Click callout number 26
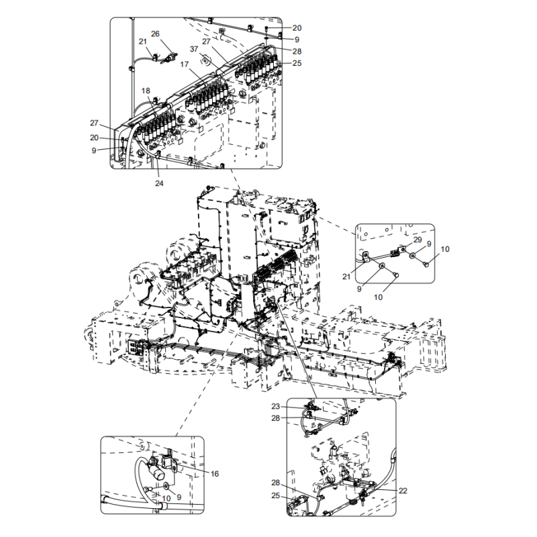click(x=155, y=34)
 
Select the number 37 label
click(x=193, y=49)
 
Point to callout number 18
click(x=146, y=91)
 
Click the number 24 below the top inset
click(x=159, y=183)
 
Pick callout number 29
click(x=417, y=240)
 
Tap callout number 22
click(x=403, y=491)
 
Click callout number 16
click(x=214, y=474)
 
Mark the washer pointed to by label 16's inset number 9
click(x=166, y=485)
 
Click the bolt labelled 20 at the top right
click(x=266, y=30)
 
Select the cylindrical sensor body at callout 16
click(x=158, y=475)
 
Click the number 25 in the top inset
click(x=297, y=63)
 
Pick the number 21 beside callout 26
click(x=143, y=42)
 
